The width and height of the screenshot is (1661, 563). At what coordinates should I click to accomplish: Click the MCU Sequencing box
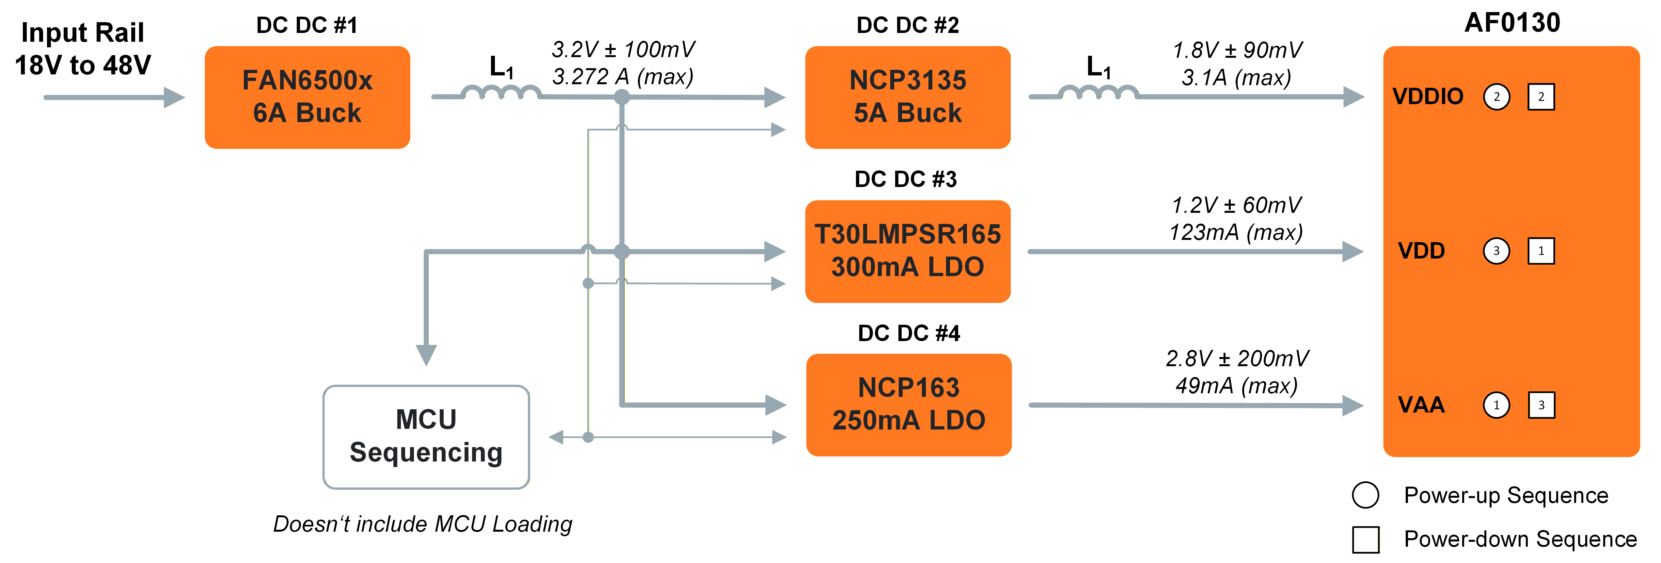coord(426,437)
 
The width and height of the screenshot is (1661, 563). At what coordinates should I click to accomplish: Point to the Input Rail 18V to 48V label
coord(83,49)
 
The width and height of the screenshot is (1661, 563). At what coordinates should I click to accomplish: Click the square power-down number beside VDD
coord(1541,251)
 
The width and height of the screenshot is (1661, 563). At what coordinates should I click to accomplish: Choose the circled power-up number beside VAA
coord(1496,405)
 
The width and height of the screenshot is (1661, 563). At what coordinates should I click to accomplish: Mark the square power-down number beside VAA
coord(1541,405)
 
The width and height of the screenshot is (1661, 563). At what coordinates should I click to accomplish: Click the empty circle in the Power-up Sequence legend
coord(1365,495)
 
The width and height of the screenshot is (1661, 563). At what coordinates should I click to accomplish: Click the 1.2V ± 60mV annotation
coord(1236,205)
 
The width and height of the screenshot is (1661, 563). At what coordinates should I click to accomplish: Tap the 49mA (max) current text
coord(1236,386)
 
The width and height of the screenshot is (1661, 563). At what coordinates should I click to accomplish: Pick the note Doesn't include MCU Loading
coord(422,524)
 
